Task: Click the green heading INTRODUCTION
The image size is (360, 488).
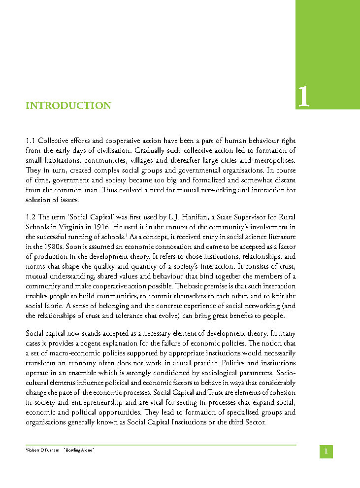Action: pyautogui.click(x=68, y=106)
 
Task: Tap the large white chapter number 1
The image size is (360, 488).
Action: pyautogui.click(x=304, y=97)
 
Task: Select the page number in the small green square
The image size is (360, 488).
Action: pyautogui.click(x=326, y=452)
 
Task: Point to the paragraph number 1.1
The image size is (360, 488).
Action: pyautogui.click(x=31, y=141)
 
